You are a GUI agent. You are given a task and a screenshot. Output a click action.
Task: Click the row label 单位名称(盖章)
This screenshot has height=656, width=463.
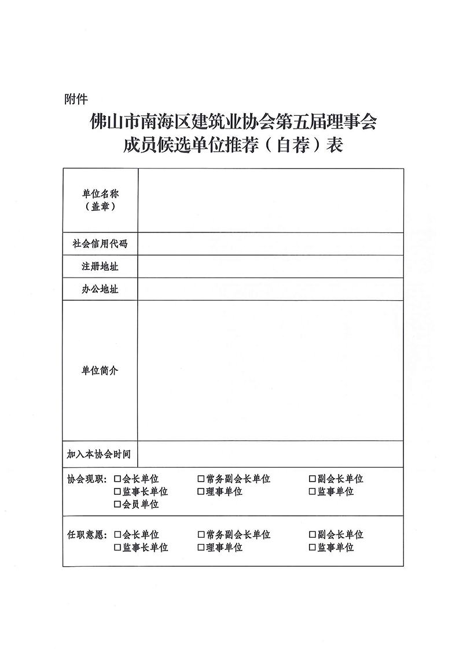100,200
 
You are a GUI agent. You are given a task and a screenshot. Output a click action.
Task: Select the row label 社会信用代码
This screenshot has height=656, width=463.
100,244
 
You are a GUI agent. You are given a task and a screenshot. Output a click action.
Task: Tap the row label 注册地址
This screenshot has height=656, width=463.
100,267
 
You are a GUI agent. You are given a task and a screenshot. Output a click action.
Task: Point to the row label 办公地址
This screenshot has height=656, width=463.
100,289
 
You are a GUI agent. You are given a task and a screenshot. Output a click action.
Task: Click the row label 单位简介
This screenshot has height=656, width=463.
100,370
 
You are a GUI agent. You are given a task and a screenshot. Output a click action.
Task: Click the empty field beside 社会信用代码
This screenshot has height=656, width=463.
270,244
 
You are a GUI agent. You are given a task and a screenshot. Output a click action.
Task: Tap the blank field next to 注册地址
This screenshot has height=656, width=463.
270,267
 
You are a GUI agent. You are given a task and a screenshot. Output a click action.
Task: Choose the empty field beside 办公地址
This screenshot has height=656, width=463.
270,289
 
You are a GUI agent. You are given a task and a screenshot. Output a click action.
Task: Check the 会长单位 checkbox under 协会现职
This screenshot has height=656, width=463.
117,479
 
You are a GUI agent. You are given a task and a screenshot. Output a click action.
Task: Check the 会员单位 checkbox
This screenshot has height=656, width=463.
117,505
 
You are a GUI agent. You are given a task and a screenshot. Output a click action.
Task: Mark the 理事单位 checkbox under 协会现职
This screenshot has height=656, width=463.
201,492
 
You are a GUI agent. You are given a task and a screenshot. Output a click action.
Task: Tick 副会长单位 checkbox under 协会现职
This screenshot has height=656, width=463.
313,479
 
